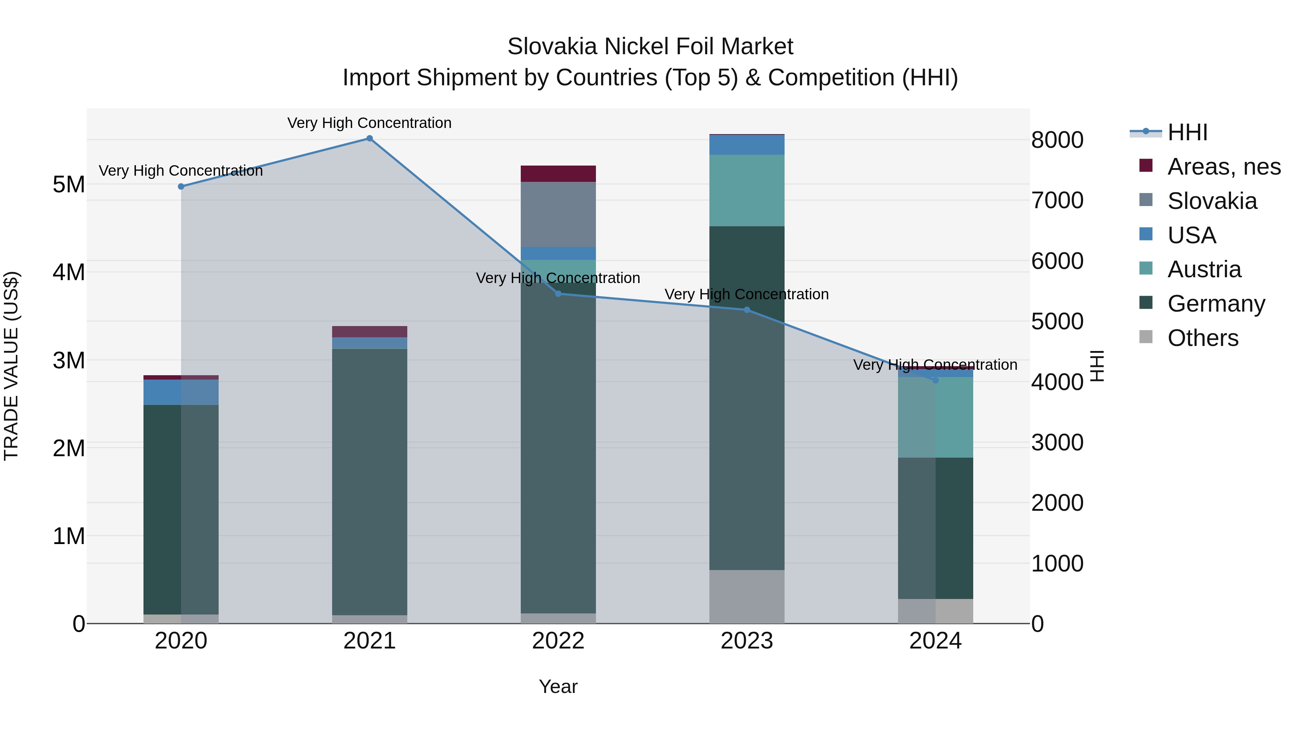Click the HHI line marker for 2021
pos(370,138)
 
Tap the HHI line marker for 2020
pos(181,187)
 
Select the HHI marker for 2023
pos(747,310)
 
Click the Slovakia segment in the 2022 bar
pos(558,214)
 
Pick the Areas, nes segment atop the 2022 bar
pos(558,173)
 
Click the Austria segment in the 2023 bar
pos(747,191)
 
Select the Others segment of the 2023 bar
pos(747,596)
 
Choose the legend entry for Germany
pos(1216,304)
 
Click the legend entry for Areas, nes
pos(1223,167)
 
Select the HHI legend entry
pos(1187,132)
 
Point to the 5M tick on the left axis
pos(69,184)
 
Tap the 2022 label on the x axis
pos(558,641)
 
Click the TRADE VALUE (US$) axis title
pos(11,366)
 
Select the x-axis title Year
pos(558,686)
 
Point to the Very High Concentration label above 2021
pos(370,123)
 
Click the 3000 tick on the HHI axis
pos(1057,442)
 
